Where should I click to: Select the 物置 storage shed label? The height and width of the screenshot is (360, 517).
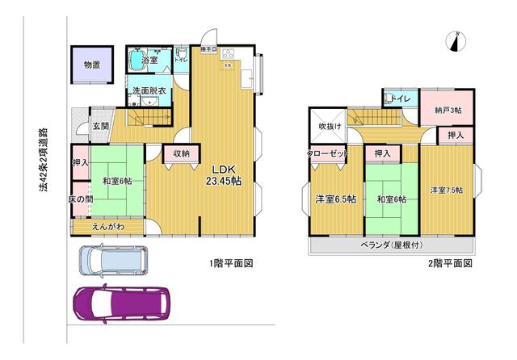tap(91, 65)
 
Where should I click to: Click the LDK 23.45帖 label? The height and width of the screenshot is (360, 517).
tap(225, 175)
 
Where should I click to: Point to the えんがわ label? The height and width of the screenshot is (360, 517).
tap(108, 227)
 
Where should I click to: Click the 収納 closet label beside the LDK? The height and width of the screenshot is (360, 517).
tap(181, 153)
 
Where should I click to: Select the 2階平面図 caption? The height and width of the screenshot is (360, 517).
tap(450, 263)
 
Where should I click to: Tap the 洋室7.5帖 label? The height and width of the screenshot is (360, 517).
tap(447, 190)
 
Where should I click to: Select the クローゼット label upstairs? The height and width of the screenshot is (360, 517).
tap(326, 154)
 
